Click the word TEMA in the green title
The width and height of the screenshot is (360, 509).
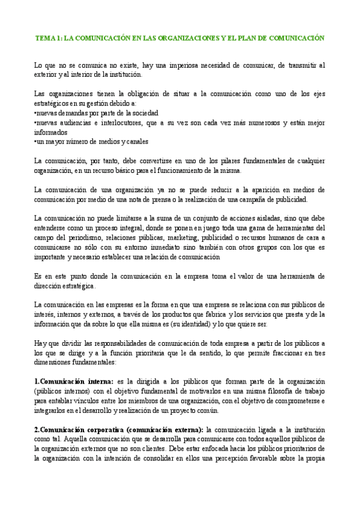pos(44,37)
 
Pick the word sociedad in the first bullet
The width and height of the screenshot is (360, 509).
pos(143,112)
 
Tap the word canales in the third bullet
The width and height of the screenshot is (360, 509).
pos(136,141)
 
